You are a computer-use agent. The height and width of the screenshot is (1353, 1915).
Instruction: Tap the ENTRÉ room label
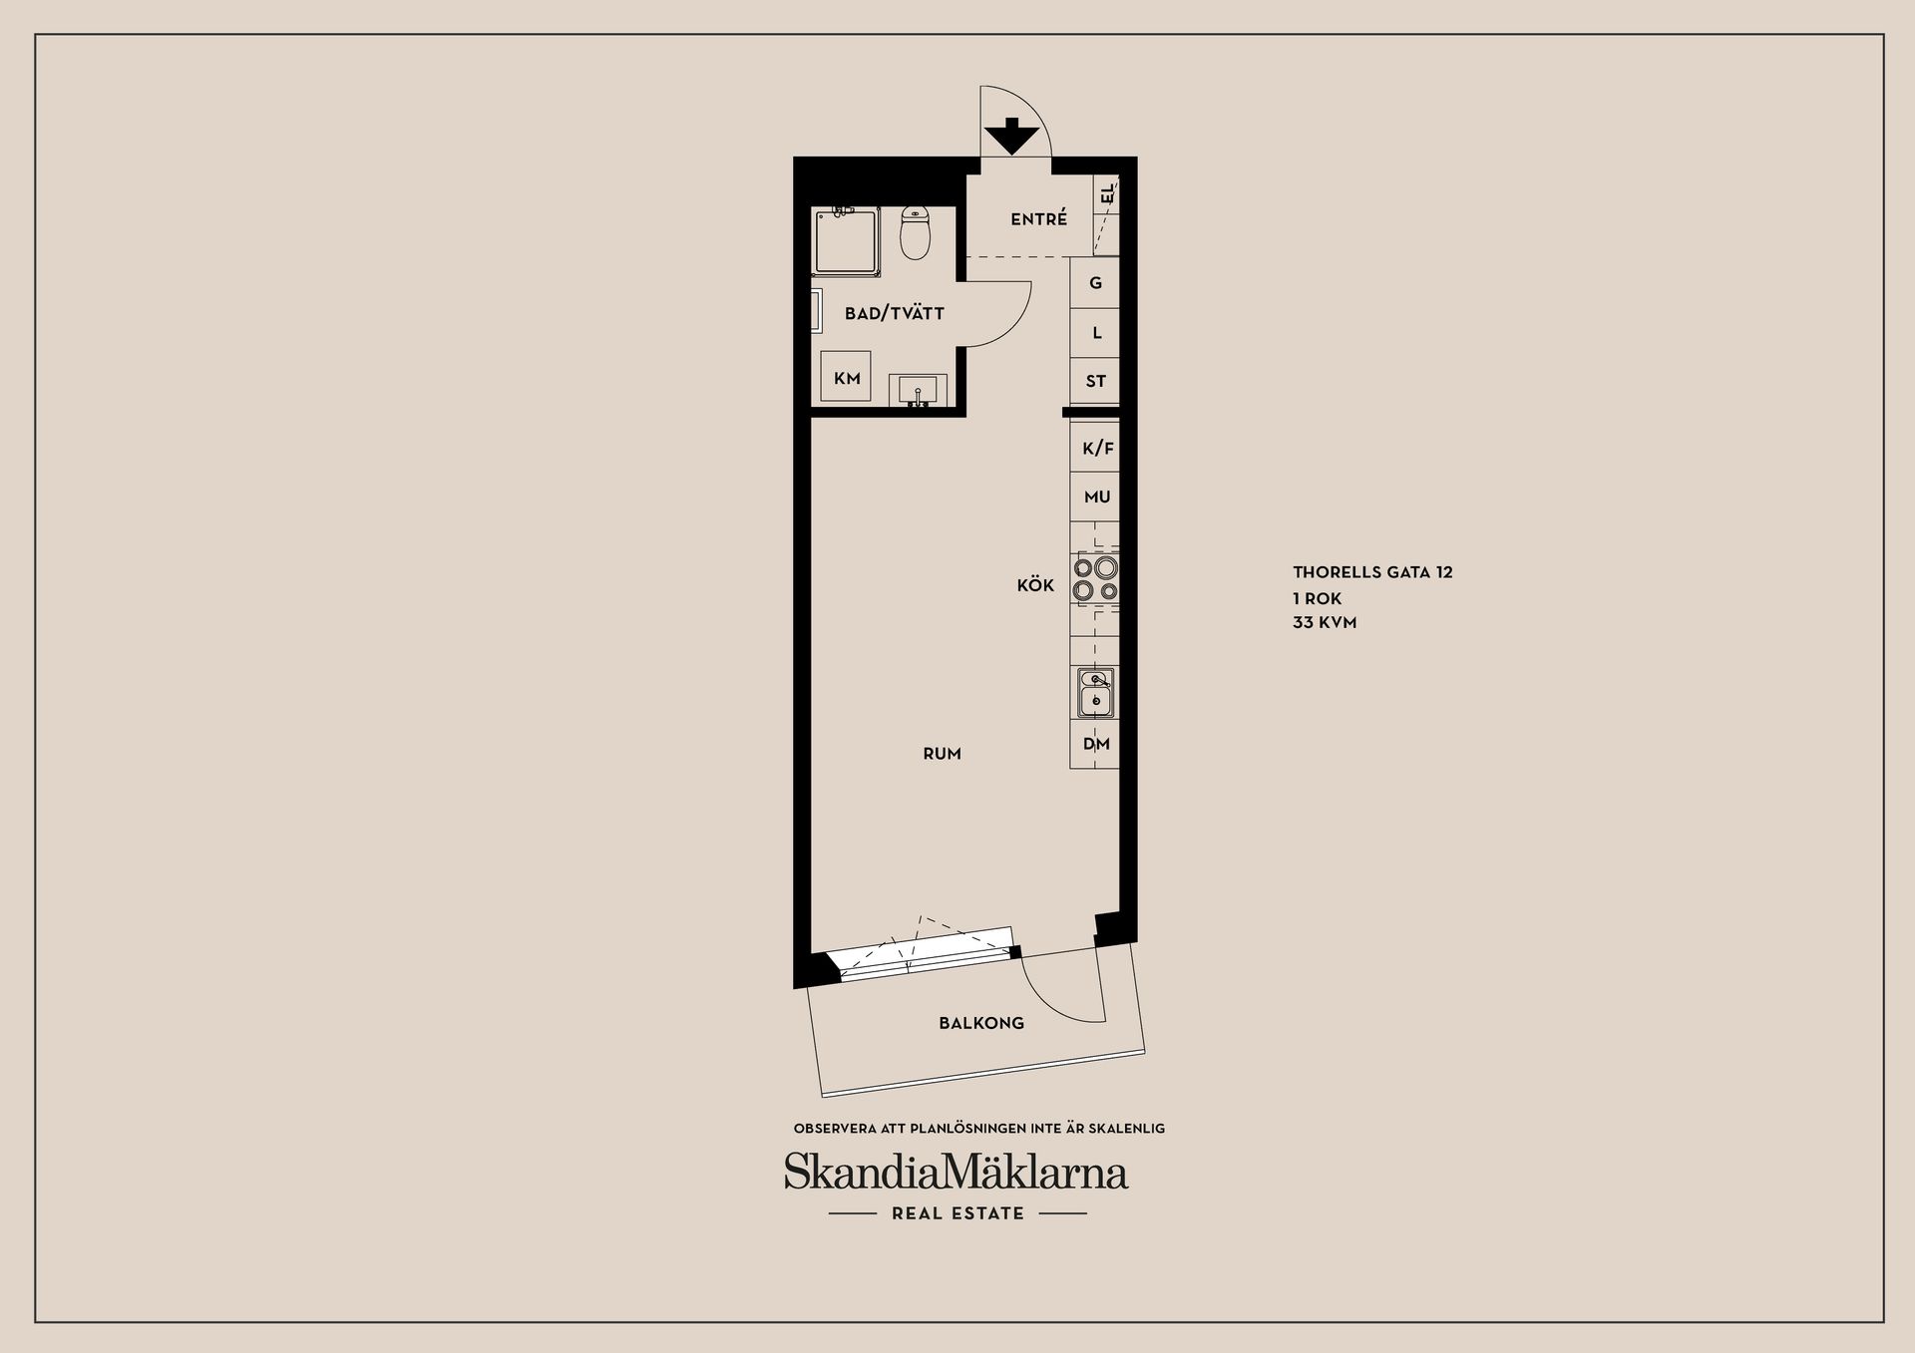pos(1038,219)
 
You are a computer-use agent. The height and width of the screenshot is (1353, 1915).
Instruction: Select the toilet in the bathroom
pos(915,234)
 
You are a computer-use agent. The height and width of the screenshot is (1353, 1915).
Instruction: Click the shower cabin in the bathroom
pos(846,240)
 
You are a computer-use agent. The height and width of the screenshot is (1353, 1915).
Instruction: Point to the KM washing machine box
pos(846,378)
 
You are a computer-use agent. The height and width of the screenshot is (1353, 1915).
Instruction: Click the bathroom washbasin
pos(918,389)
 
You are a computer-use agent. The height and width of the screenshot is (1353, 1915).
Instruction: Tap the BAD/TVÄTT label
pos(894,313)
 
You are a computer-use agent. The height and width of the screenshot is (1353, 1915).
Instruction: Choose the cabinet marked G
pos(1095,283)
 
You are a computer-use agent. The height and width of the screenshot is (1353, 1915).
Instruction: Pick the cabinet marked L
pos(1095,332)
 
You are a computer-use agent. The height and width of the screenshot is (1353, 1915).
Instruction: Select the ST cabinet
pos(1095,381)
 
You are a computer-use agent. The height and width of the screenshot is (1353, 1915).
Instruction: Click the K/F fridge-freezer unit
pos(1096,449)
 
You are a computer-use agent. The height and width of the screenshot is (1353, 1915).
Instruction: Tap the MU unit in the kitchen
pos(1096,497)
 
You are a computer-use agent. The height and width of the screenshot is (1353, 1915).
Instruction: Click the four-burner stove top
pos(1095,579)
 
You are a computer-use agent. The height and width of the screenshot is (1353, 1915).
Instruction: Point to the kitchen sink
pos(1095,692)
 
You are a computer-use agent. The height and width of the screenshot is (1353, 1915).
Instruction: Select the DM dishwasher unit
pos(1095,744)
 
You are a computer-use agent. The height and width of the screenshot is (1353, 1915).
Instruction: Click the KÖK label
pos(1035,585)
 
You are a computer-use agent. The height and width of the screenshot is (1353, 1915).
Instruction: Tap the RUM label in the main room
pos(942,754)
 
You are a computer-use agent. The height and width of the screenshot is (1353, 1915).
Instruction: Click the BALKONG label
pos(981,1023)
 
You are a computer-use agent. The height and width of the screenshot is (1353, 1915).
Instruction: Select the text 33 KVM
pos(1325,622)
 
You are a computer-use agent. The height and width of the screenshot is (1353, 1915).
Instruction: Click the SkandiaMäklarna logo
pos(956,1173)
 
